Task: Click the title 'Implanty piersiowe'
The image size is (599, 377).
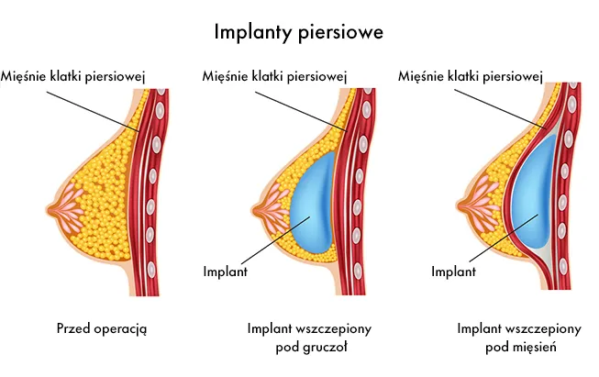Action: (298, 33)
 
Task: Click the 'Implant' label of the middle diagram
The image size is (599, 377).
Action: (226, 272)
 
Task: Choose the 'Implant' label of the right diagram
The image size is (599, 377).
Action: (453, 272)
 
